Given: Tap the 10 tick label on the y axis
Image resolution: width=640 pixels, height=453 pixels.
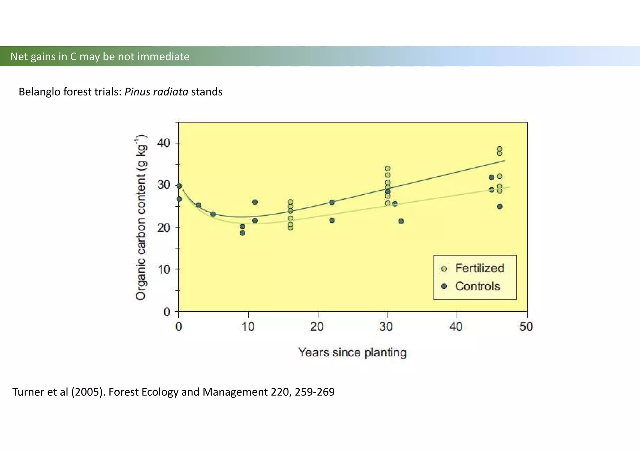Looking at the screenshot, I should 164,269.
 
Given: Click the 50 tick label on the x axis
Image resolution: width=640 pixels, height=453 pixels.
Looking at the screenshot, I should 526,327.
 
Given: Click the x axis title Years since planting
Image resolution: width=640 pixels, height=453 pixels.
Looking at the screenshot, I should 352,353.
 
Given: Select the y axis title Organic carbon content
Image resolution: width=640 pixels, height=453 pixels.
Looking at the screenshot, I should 141,218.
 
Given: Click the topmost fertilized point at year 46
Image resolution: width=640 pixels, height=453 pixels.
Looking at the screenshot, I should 499,149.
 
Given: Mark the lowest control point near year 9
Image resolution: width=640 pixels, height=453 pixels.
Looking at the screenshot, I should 242,233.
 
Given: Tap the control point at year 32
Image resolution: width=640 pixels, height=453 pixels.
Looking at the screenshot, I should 401,221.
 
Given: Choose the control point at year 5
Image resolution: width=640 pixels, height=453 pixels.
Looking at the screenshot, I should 213,214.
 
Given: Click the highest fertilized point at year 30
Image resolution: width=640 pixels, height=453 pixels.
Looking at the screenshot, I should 388,169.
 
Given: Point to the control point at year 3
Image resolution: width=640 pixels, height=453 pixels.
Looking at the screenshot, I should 198,205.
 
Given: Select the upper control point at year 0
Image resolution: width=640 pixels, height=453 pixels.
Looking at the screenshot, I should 179,186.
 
